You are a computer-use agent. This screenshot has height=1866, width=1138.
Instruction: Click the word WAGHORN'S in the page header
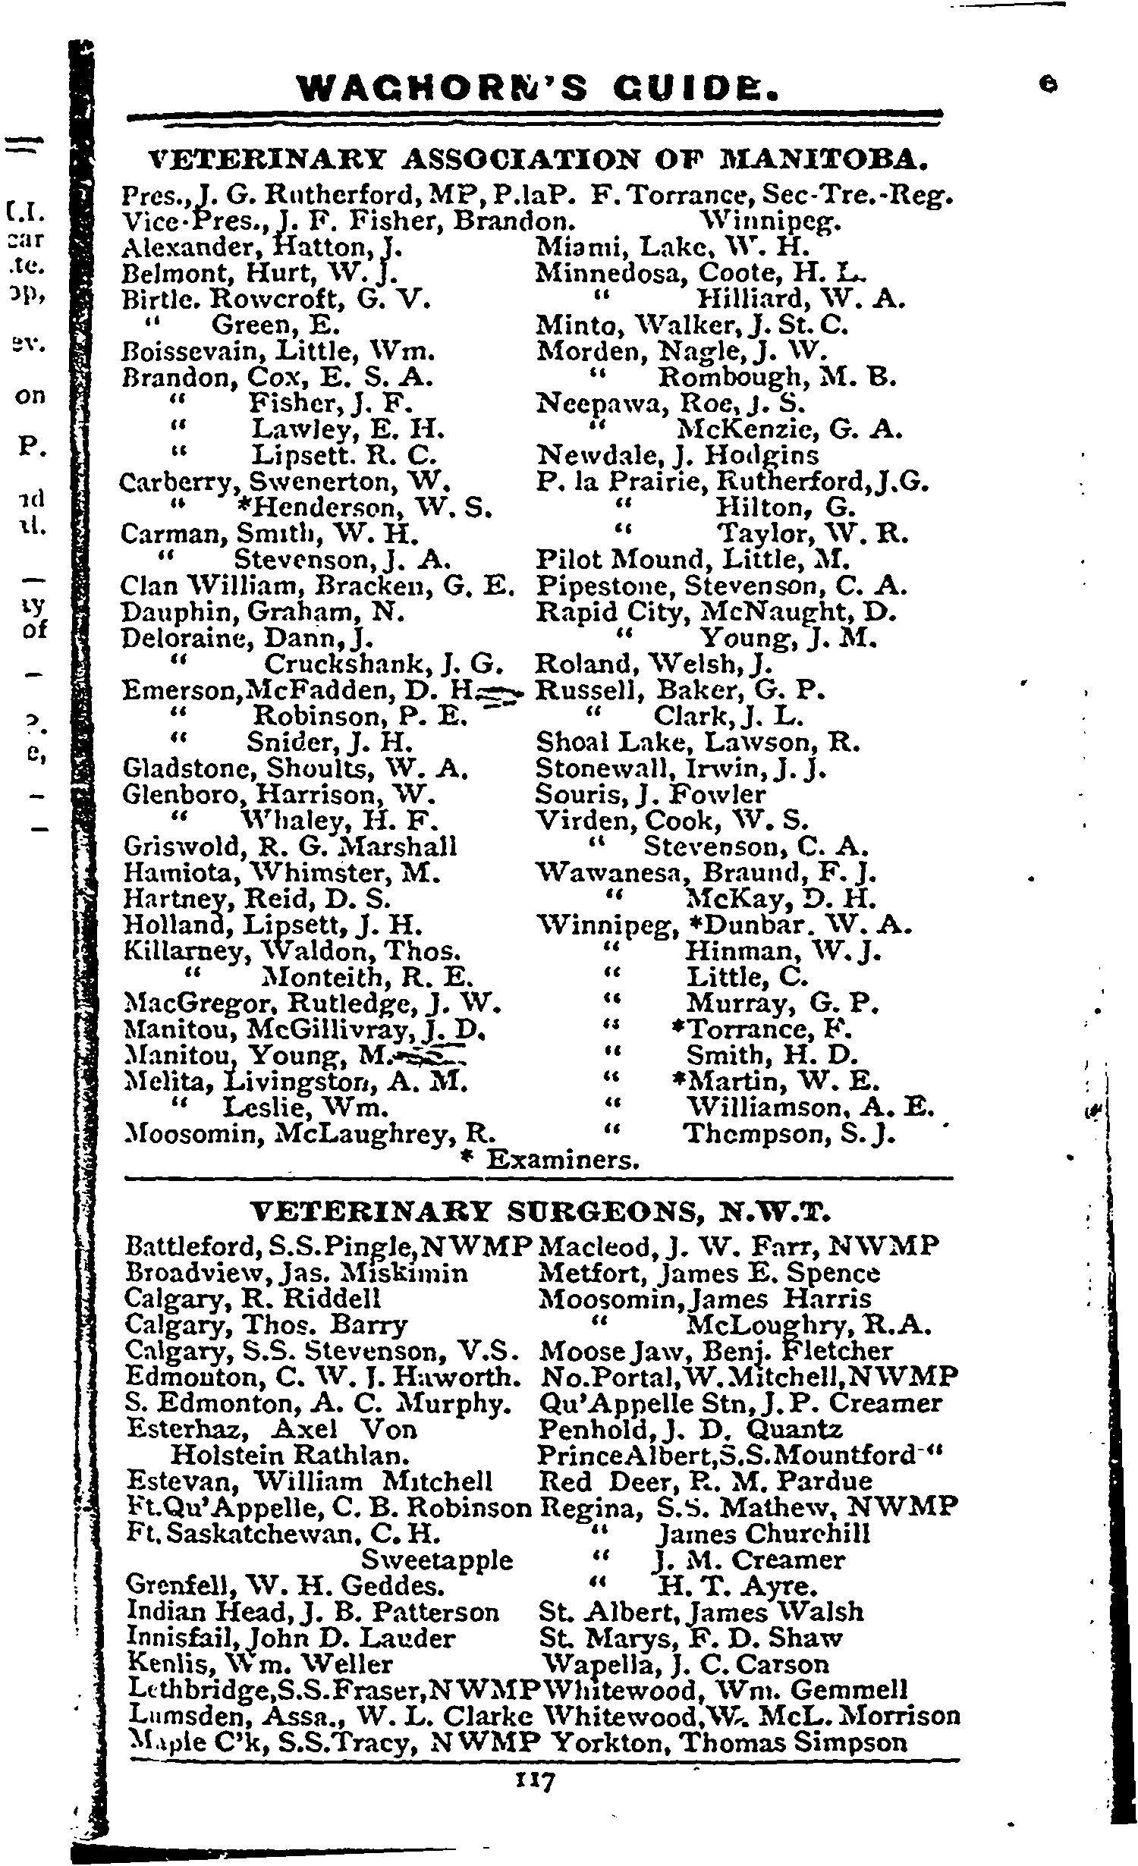443,88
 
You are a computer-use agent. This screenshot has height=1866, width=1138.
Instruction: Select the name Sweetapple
436,1560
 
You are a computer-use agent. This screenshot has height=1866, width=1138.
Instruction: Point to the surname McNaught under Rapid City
782,612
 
